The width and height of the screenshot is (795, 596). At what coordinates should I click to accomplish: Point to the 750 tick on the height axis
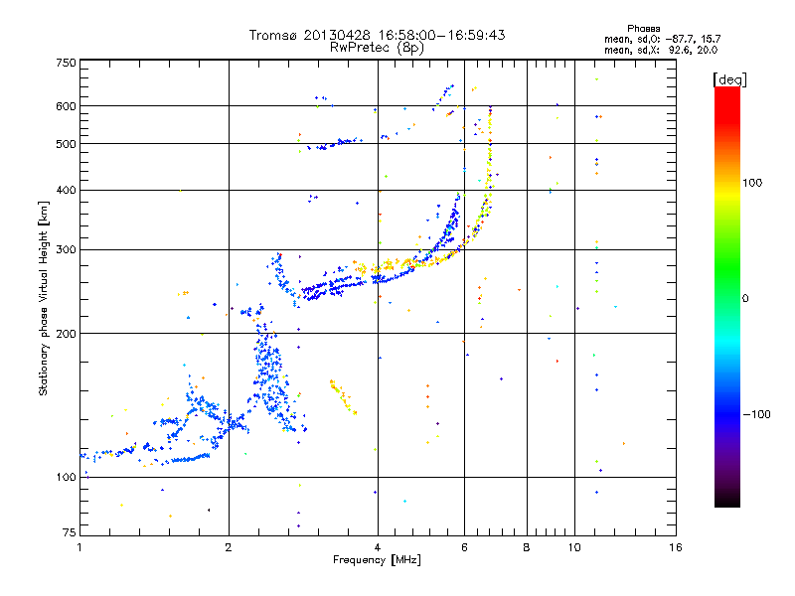tap(67, 63)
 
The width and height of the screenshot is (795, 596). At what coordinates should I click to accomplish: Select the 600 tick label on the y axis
tap(67, 106)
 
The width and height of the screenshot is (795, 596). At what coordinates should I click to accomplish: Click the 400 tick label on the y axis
tap(67, 190)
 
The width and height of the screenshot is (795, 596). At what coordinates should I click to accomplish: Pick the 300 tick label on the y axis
tap(67, 249)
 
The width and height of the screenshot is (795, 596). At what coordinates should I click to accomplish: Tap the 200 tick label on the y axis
tap(67, 334)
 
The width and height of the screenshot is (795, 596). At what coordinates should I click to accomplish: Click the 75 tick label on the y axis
tap(69, 534)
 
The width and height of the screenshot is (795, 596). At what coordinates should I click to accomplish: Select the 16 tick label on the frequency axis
tap(675, 547)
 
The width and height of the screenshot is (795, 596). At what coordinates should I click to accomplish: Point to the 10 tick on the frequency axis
tap(574, 547)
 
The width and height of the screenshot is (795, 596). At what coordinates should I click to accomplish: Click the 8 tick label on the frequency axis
tap(527, 547)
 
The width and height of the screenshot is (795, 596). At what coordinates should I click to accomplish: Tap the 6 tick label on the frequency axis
tap(464, 547)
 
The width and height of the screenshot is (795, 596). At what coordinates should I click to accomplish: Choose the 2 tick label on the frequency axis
tap(229, 547)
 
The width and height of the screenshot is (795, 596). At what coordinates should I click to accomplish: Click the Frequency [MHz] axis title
tap(378, 560)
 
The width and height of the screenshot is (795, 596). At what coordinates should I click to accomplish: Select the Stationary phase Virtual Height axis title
tap(44, 299)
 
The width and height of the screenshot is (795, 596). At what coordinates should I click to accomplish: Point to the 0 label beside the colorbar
tap(745, 298)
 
